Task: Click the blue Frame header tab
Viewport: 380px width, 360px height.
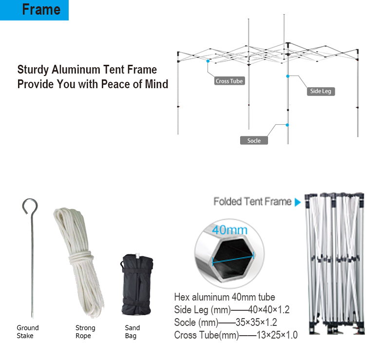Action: (34, 10)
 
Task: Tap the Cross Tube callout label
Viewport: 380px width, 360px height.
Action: (229, 81)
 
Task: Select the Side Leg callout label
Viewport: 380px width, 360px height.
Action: (321, 91)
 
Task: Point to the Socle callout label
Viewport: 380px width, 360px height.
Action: (254, 140)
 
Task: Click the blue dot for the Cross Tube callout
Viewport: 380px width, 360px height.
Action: (208, 61)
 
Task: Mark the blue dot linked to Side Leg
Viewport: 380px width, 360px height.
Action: (287, 76)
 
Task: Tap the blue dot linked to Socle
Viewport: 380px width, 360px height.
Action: (287, 125)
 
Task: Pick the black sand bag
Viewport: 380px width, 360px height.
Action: (137, 284)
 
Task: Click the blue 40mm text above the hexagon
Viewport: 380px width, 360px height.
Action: (230, 230)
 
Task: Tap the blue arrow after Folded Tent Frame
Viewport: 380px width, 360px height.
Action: (298, 202)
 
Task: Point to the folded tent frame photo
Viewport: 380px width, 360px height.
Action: (335, 264)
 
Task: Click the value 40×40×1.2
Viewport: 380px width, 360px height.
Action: (269, 310)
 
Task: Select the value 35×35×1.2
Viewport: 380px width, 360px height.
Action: (256, 322)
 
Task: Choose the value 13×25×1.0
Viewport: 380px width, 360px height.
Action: (277, 335)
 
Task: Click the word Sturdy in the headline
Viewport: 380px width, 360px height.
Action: (33, 70)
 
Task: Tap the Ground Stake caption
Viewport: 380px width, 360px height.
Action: (28, 332)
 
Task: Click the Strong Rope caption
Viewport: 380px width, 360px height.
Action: (85, 332)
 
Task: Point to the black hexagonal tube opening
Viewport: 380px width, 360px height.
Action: (233, 258)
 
